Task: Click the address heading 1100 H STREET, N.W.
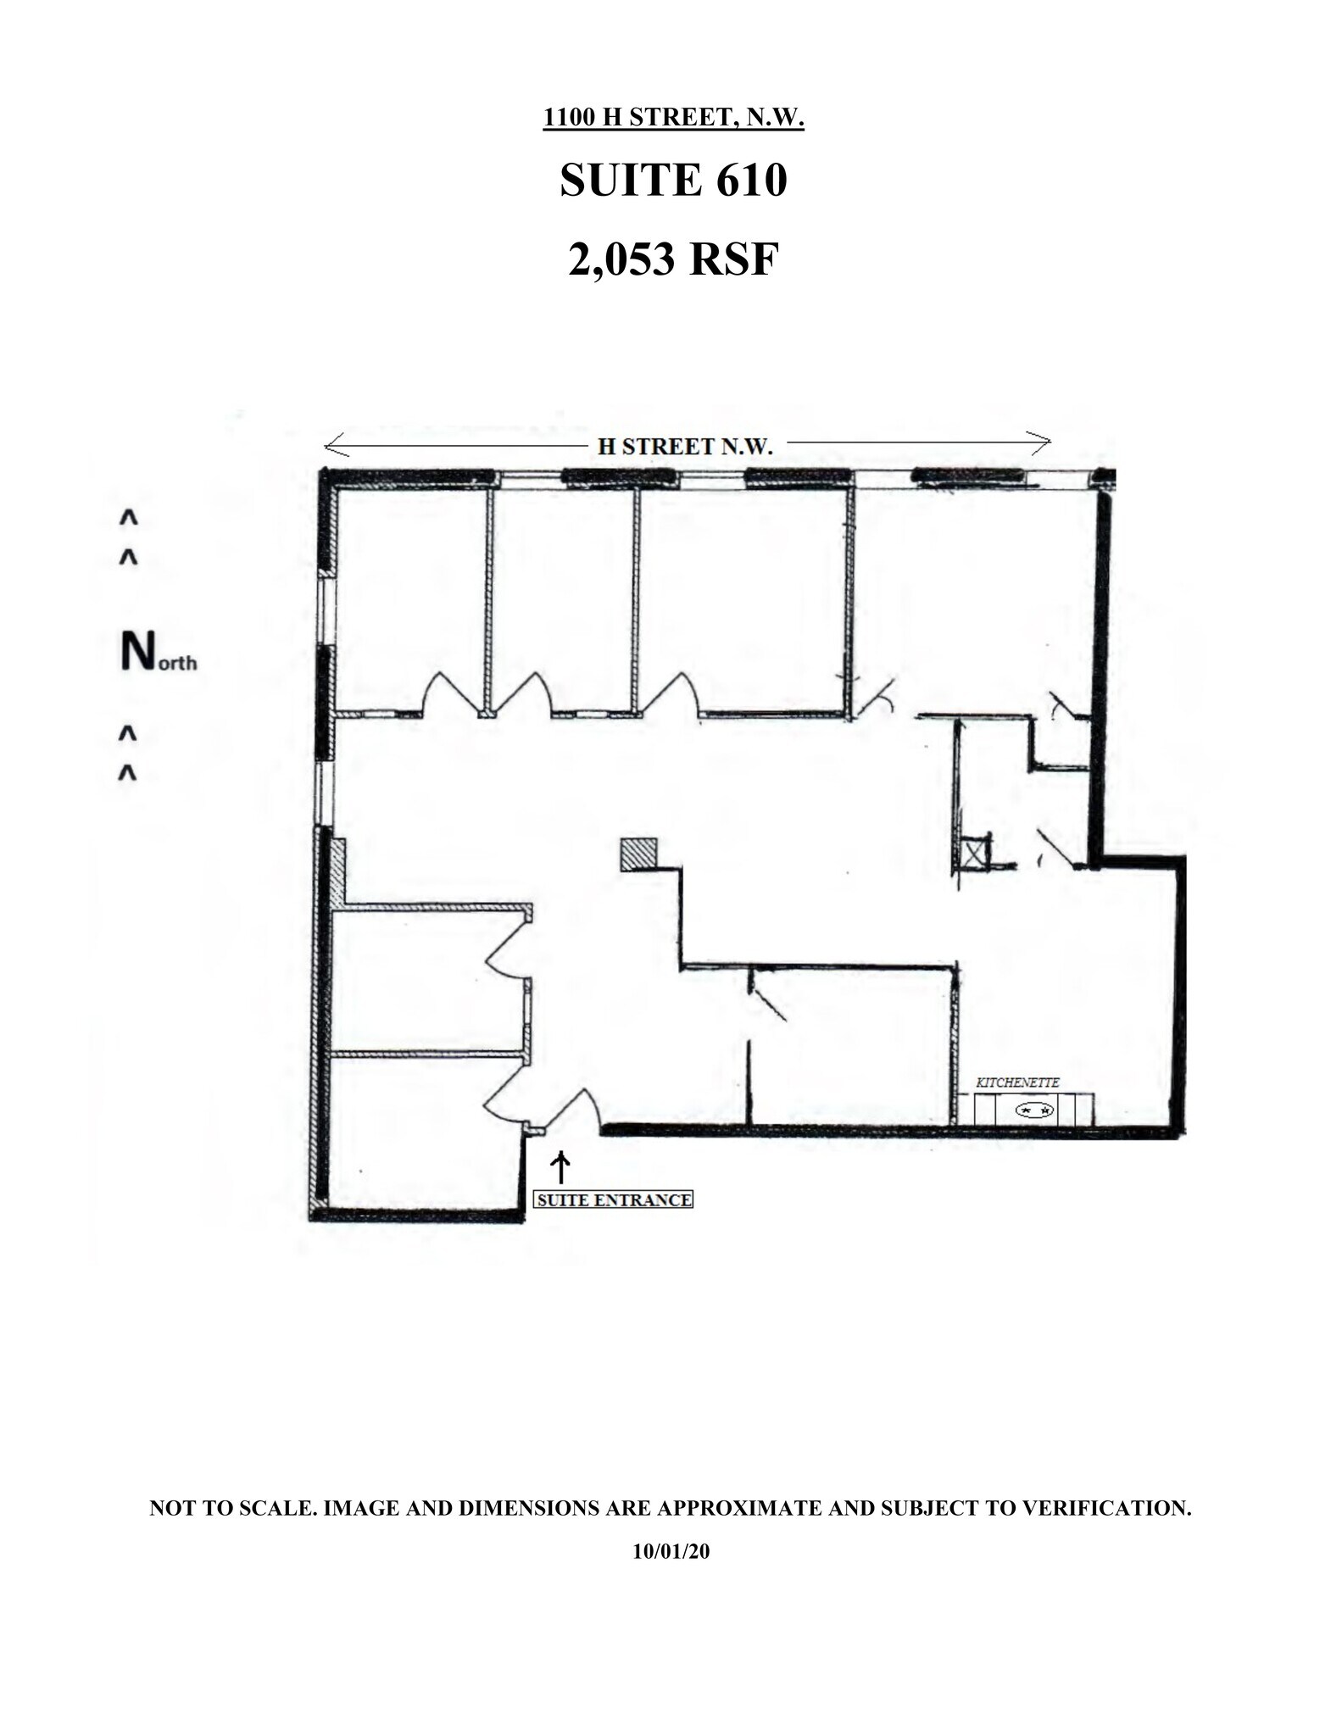click(673, 118)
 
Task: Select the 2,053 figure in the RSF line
click(622, 259)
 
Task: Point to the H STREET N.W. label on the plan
click(685, 447)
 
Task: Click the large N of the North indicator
click(136, 652)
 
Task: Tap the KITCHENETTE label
click(1017, 1082)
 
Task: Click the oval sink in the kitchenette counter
click(1035, 1110)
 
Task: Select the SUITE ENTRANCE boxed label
click(613, 1200)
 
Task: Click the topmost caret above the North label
click(128, 516)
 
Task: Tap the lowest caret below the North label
click(127, 772)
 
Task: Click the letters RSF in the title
click(732, 259)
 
